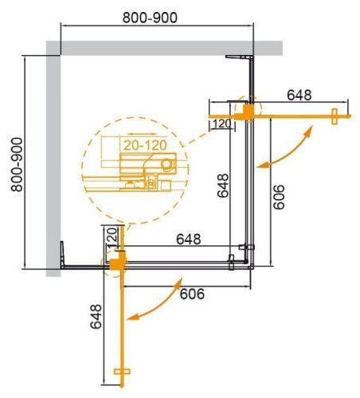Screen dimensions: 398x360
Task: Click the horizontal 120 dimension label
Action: pyautogui.click(x=222, y=123)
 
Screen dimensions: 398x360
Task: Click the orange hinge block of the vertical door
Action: pyautogui.click(x=118, y=259)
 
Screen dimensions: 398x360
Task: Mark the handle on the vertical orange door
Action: pyautogui.click(x=123, y=373)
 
